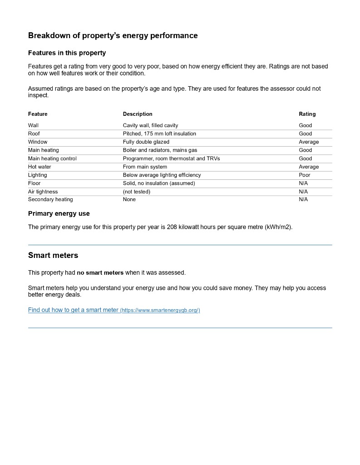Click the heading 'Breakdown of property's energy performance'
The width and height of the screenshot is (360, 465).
(x=113, y=35)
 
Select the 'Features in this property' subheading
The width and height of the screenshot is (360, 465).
(x=67, y=53)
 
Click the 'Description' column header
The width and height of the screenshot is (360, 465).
(x=138, y=114)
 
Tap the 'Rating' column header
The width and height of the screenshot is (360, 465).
(x=307, y=114)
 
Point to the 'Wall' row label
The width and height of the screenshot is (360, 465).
(x=33, y=125)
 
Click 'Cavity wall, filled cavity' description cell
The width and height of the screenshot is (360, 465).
(x=150, y=125)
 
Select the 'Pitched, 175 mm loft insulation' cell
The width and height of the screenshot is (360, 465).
(x=159, y=134)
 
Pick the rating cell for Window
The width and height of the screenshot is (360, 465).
(x=309, y=142)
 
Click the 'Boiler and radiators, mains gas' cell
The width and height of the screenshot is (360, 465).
(x=160, y=150)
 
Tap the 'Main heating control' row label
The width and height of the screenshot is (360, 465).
(x=52, y=158)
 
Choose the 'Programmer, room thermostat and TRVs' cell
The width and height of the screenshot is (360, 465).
(x=171, y=158)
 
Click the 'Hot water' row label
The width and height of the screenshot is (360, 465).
(x=39, y=167)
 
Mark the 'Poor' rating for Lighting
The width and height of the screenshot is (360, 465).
(x=305, y=175)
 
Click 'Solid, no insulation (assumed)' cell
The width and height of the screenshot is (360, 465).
(x=158, y=183)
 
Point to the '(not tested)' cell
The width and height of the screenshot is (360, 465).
(x=136, y=192)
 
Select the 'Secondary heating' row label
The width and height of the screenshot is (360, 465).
(x=50, y=199)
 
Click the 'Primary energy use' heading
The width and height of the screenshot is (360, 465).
(x=59, y=213)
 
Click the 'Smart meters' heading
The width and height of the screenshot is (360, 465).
(x=53, y=255)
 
